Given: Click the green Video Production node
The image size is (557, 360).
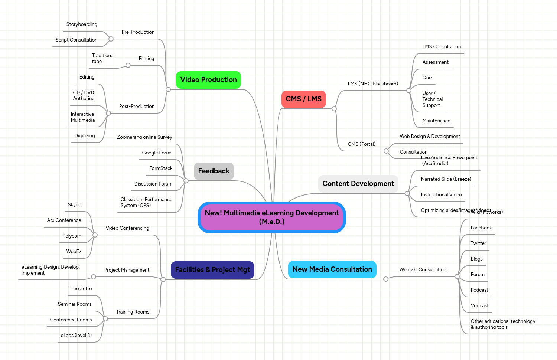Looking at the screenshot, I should pyautogui.click(x=208, y=80).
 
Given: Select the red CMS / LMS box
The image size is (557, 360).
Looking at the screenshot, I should pyautogui.click(x=303, y=99).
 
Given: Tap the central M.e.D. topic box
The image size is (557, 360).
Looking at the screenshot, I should pyautogui.click(x=271, y=217).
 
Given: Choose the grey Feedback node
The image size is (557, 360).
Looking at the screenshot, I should pyautogui.click(x=214, y=171).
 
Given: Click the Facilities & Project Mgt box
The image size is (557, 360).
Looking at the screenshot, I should pyautogui.click(x=212, y=270).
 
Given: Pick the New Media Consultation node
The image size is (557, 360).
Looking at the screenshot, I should pyautogui.click(x=332, y=269).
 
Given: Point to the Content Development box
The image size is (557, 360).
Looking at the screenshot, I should pyautogui.click(x=358, y=184).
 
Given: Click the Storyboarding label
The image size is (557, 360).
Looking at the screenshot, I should pyautogui.click(x=82, y=24).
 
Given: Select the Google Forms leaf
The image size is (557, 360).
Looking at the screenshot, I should pyautogui.click(x=157, y=153).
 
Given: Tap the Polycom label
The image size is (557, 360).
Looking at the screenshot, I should pyautogui.click(x=72, y=236).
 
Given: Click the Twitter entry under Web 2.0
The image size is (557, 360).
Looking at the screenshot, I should pyautogui.click(x=478, y=243).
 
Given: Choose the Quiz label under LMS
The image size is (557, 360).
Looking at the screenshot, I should pyautogui.click(x=427, y=78).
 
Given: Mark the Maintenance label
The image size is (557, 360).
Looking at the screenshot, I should pyautogui.click(x=436, y=121).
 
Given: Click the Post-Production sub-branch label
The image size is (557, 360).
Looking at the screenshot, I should pyautogui.click(x=137, y=107).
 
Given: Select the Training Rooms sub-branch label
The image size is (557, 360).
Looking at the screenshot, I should pyautogui.click(x=133, y=312).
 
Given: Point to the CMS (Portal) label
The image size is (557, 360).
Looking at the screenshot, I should pyautogui.click(x=361, y=144).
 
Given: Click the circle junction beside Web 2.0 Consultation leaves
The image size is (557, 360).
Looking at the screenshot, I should pyautogui.click(x=457, y=276).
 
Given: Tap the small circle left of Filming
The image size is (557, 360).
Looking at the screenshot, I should pyautogui.click(x=128, y=65).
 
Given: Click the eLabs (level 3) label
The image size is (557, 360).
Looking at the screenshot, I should pyautogui.click(x=76, y=336).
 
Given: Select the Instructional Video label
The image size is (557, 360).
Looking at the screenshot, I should pyautogui.click(x=441, y=195).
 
